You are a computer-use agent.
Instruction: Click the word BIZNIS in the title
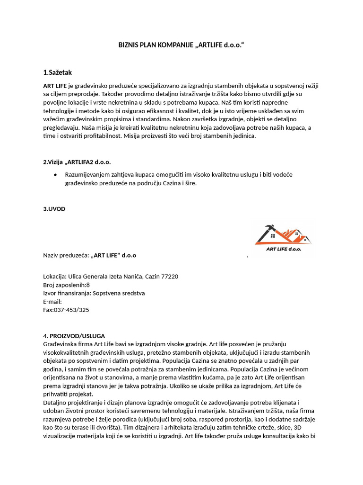coord(129,45)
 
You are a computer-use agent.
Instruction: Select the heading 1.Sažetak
coord(57,72)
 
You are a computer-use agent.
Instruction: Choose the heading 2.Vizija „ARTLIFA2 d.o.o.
coord(77,162)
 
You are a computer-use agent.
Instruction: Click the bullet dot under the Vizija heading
coord(56,174)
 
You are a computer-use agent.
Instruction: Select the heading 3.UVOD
coord(54,209)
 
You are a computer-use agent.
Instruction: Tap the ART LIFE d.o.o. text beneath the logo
coord(284,248)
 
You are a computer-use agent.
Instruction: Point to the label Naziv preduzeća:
coord(66,255)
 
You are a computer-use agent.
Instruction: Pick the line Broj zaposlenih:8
coord(66,285)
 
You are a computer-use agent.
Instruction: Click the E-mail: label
coord(52,302)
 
